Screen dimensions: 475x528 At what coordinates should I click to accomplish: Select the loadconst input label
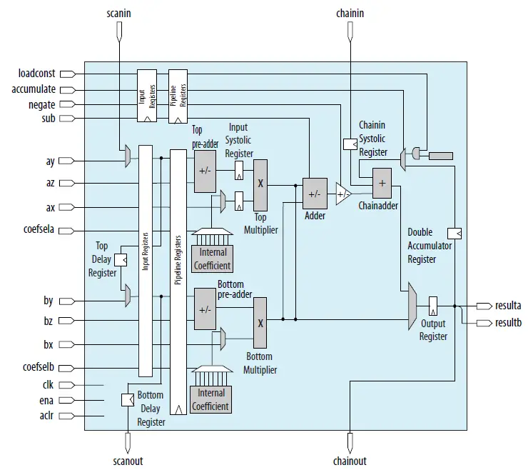(38, 74)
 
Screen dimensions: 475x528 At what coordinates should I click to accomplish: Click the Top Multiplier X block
(260, 184)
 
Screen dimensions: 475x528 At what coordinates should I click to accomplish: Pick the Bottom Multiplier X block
(260, 322)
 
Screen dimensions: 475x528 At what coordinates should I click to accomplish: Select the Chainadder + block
(382, 184)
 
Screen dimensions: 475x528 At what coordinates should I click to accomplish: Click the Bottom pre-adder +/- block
(205, 310)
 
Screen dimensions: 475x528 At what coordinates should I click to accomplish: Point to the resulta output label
(507, 305)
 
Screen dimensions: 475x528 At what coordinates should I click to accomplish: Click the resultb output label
(507, 322)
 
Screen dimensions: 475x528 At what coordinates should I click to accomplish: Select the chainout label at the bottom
(350, 461)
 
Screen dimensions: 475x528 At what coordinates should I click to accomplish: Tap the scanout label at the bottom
(127, 461)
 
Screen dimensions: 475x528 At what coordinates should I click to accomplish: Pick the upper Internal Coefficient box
(212, 259)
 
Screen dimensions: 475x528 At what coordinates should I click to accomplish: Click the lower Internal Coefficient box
(211, 399)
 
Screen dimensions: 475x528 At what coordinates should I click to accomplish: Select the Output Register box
(433, 307)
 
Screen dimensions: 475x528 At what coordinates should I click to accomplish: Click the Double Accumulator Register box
(454, 233)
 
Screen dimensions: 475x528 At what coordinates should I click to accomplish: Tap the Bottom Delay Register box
(128, 401)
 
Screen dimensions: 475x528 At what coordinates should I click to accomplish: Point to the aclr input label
(45, 416)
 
